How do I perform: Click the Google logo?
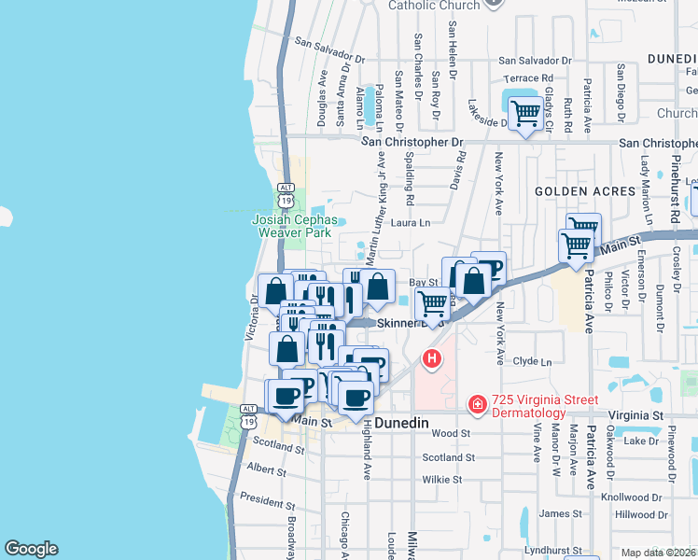(x=31, y=549)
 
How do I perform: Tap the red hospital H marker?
(x=431, y=357)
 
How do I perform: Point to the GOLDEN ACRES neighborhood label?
(x=584, y=190)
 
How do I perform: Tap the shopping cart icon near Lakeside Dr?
(x=526, y=114)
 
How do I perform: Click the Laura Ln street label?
(x=411, y=223)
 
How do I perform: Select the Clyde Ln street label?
(x=533, y=361)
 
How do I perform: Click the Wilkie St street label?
(x=442, y=480)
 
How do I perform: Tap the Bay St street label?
(x=423, y=281)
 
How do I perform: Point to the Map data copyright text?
(x=659, y=553)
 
